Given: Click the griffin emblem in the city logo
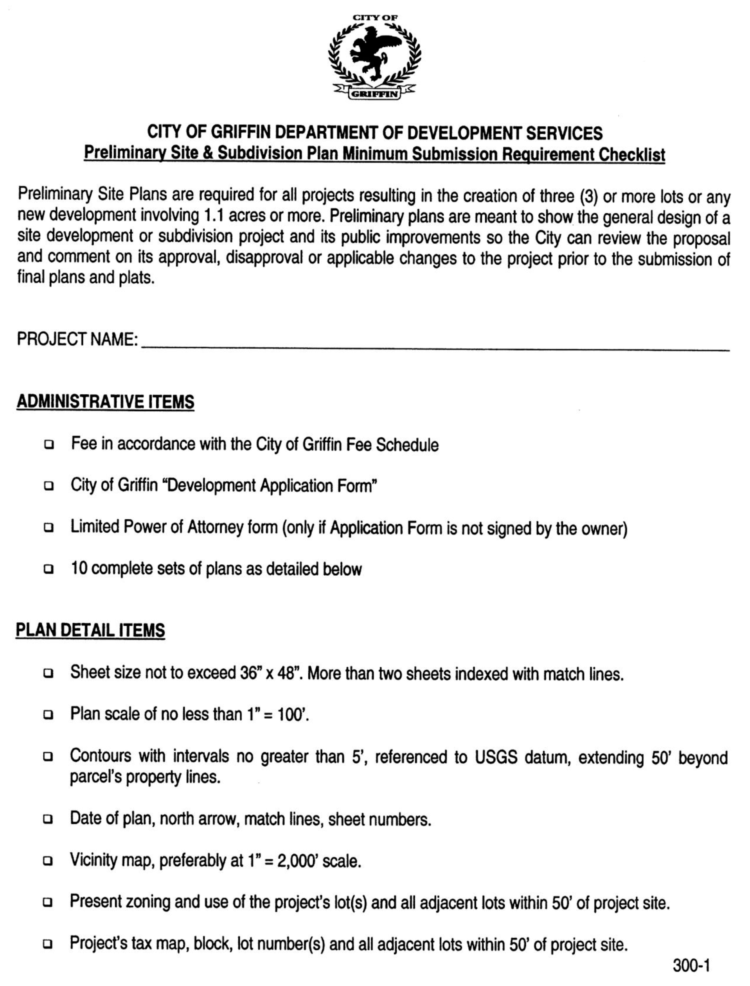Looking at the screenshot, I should (x=374, y=53).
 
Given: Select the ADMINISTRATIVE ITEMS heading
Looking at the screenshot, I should (x=105, y=402).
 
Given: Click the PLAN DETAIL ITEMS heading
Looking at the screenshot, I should (x=90, y=630).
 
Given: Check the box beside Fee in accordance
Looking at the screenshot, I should (x=49, y=445).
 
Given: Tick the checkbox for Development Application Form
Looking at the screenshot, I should (x=49, y=486).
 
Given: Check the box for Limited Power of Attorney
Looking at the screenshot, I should (x=49, y=528).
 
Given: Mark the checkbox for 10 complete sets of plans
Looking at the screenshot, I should (x=49, y=569).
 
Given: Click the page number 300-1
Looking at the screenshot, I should (x=691, y=966).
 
